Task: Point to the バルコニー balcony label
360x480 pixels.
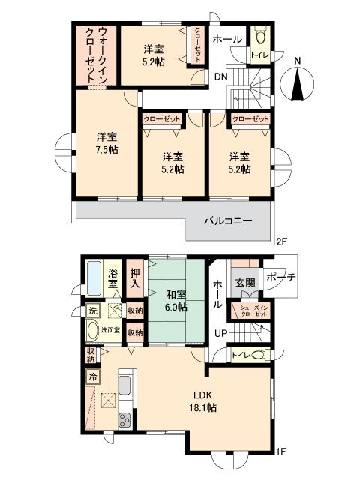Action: (229, 221)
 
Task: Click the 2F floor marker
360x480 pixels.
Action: (281, 241)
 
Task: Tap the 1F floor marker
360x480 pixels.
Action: (281, 451)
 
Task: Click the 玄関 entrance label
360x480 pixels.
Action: (245, 283)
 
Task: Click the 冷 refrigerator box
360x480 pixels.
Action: (94, 377)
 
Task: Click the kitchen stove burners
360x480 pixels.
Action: (124, 420)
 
